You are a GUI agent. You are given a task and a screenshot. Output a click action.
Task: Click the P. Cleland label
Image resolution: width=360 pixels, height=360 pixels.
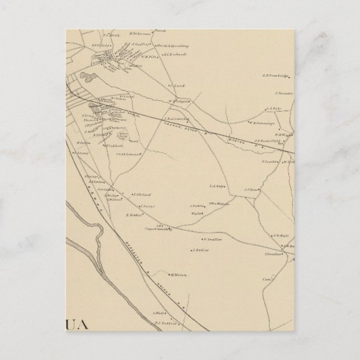(143, 195)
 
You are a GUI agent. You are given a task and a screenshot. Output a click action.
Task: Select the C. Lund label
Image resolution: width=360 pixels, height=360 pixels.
(178, 86)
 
